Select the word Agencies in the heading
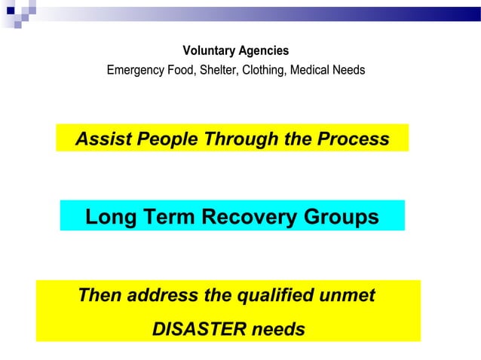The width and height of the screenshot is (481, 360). [x=263, y=51]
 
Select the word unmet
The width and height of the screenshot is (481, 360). [x=346, y=295]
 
